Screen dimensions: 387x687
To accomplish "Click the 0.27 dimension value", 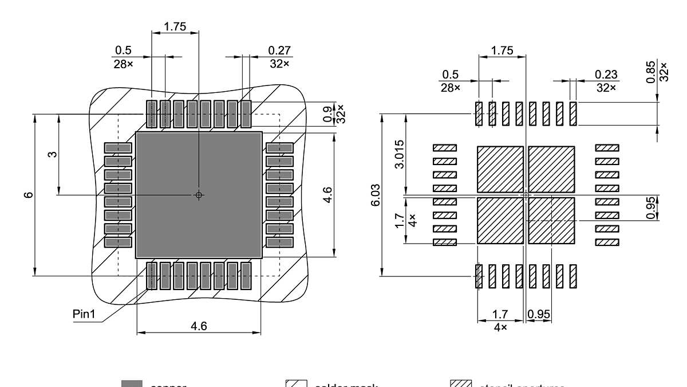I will point(279,50).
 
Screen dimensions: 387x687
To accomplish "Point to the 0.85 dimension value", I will point(652,72).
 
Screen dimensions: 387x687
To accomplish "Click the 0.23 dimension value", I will point(606,75).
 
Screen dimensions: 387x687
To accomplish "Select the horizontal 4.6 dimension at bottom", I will point(199,326).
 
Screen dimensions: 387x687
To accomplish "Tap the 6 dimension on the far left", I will point(29,195).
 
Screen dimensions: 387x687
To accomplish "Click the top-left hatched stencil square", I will point(500,169).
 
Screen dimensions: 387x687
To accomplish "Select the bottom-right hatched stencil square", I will point(551,221).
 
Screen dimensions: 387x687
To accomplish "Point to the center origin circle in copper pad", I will point(199,195).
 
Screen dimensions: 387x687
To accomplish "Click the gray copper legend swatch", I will point(132,384).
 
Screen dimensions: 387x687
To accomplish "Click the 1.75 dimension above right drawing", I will point(502,50).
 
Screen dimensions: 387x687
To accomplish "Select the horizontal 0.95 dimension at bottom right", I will point(539,314).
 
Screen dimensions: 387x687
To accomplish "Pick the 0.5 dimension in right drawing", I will point(451,75).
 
